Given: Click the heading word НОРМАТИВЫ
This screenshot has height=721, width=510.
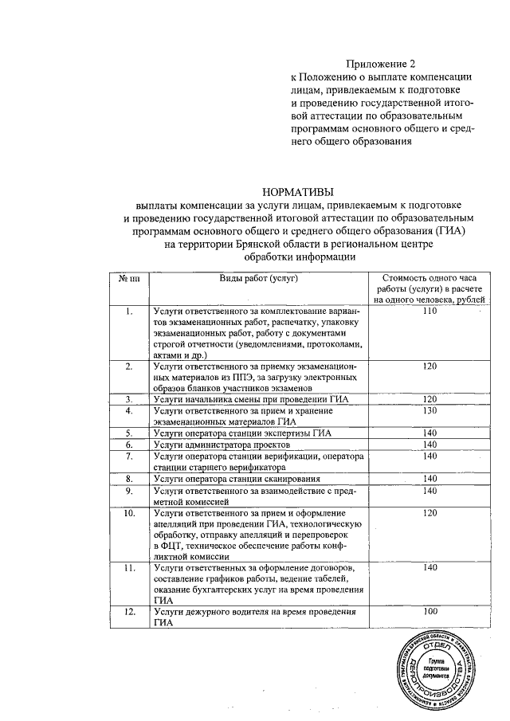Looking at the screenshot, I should tap(298, 191).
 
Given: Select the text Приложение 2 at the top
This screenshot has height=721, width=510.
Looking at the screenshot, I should tap(380, 63).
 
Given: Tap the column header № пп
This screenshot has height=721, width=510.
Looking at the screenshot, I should tap(129, 278).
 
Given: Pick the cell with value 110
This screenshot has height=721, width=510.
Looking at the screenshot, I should tap(430, 311).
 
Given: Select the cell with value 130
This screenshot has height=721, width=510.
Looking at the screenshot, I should tap(430, 410).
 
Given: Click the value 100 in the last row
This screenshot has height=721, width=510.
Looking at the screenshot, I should tap(430, 611).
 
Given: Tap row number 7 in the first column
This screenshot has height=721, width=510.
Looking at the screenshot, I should tap(129, 456).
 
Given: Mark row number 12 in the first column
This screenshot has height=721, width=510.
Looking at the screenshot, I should tap(129, 611).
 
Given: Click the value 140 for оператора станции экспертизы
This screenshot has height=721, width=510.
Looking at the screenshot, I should tap(430, 433).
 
